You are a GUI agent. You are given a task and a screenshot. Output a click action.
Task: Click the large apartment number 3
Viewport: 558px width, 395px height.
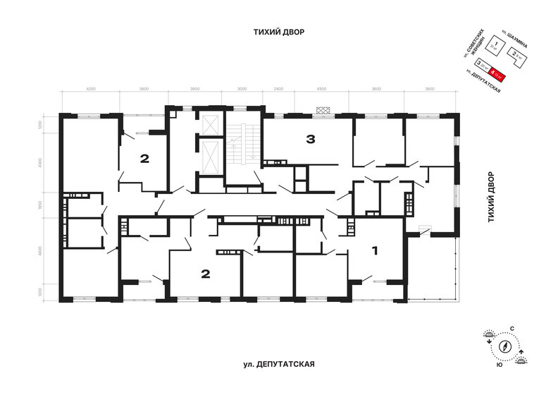[x=310, y=139]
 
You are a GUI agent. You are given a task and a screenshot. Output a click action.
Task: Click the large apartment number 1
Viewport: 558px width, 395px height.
[x=376, y=250]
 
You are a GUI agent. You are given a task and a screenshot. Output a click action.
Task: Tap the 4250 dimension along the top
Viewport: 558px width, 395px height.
[x=91, y=90]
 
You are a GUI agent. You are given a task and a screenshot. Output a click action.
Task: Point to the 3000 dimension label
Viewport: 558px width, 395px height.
[x=242, y=90]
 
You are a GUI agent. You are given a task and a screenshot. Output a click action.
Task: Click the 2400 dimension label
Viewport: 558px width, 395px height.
[x=278, y=90]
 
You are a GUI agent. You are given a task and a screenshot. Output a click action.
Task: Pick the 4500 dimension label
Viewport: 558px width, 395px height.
[x=321, y=90]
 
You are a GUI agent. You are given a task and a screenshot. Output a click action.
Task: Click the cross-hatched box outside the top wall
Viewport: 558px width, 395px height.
[x=323, y=109]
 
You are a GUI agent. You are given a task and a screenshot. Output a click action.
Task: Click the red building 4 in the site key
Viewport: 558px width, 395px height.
[x=497, y=71]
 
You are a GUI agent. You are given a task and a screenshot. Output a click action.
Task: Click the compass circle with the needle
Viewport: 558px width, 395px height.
[x=504, y=347]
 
